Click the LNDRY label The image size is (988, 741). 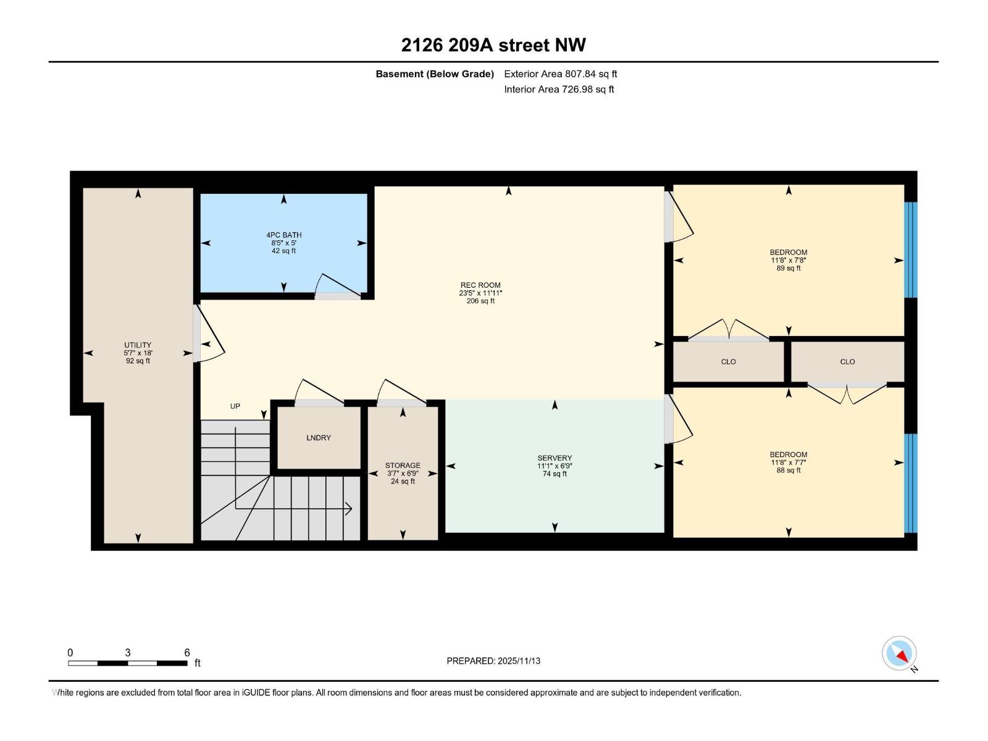click(x=319, y=438)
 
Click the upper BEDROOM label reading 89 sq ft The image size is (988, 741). click(x=789, y=260)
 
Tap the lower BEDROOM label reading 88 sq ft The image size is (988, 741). click(x=789, y=462)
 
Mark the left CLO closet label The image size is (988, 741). click(x=728, y=362)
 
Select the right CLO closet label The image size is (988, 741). click(x=847, y=362)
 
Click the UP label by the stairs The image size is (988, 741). click(x=235, y=406)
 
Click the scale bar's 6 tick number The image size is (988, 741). click(x=187, y=653)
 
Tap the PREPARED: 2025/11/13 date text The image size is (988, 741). click(x=493, y=661)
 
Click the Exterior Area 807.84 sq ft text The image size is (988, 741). click(x=560, y=74)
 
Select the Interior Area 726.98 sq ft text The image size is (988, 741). click(x=559, y=90)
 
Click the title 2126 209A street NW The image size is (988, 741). click(x=493, y=45)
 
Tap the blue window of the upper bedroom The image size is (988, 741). click(x=911, y=249)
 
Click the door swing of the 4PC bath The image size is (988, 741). click(x=337, y=285)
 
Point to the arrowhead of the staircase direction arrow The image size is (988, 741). click(x=350, y=509)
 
